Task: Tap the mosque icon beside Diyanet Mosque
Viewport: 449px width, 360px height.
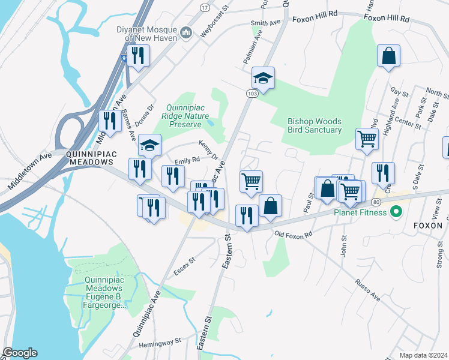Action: pos(185,32)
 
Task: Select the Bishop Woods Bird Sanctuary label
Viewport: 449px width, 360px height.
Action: pos(314,125)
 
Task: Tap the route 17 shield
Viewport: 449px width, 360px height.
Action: pos(205,7)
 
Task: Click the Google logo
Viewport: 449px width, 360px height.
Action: pos(20,353)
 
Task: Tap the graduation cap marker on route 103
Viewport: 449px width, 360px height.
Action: pos(263,78)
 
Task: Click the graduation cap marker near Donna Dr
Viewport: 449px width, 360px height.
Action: pos(149,145)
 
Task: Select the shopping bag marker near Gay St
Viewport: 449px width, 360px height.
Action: pos(388,56)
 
